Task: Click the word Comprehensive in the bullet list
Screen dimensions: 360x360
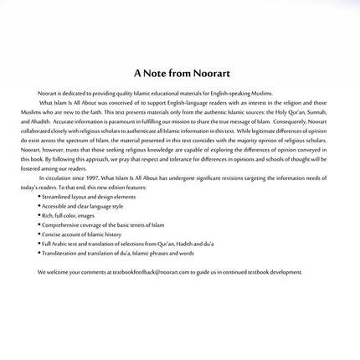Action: [70, 220]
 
